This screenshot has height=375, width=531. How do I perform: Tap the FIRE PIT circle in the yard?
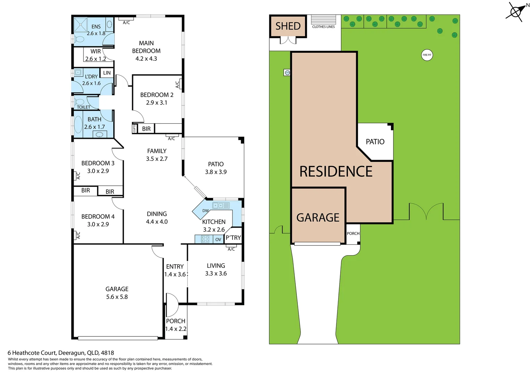(427, 55)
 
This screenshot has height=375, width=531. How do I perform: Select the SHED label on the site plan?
(288, 26)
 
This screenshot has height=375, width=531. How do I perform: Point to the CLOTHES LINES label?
(323, 27)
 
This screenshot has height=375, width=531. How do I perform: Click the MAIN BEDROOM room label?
(146, 47)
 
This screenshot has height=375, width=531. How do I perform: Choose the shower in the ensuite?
(81, 24)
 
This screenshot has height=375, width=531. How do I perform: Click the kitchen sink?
(221, 206)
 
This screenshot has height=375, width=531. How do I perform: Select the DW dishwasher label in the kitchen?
(205, 211)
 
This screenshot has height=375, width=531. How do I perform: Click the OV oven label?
(218, 239)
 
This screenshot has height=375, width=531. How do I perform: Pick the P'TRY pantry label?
(233, 237)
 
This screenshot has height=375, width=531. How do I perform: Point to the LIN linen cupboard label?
(107, 73)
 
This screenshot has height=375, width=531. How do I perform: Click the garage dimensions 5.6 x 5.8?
(117, 297)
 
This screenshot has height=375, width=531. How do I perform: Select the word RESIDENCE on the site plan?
(336, 172)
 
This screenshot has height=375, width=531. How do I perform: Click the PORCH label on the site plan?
(353, 233)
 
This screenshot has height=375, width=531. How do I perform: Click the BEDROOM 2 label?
(157, 95)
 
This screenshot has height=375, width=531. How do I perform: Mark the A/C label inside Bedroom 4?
(78, 235)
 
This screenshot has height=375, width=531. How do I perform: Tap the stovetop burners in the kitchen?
(205, 239)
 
